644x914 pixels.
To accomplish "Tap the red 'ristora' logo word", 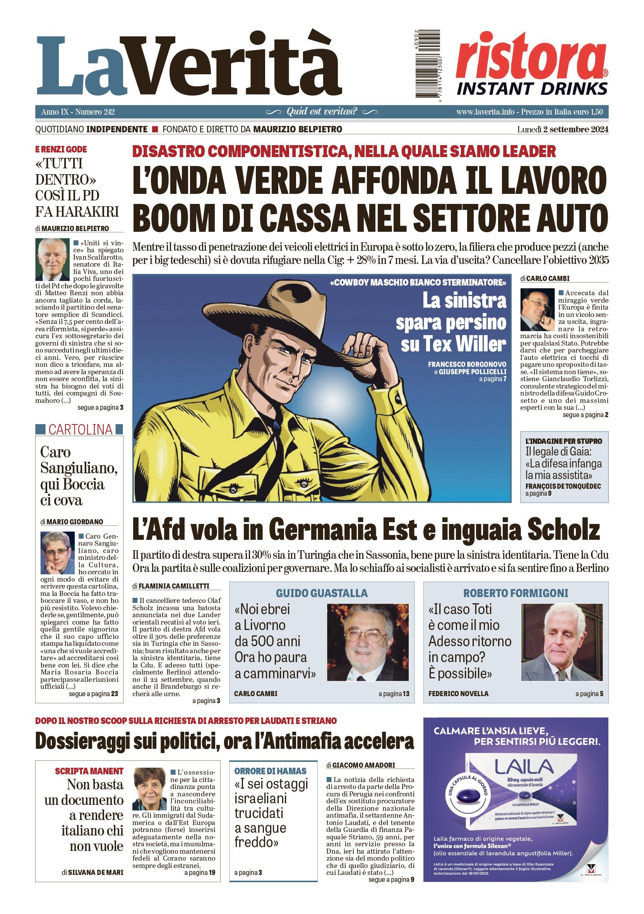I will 531,56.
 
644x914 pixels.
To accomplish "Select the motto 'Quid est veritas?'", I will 322,111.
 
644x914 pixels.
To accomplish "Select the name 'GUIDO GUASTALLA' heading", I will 322,593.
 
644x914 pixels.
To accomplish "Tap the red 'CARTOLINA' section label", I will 80,430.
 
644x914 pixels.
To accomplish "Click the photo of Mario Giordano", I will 57,553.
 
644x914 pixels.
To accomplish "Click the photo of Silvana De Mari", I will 149,789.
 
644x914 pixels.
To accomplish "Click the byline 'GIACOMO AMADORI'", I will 363,765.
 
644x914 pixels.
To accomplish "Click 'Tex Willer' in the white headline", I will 453,344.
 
